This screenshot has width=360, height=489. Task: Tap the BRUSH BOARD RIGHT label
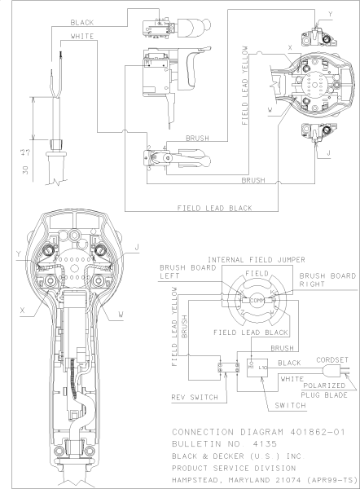click(x=328, y=281)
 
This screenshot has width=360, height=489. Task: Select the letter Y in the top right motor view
click(x=330, y=14)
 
